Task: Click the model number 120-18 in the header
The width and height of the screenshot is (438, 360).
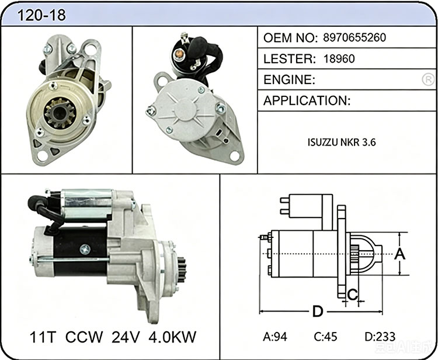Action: [x=41, y=15]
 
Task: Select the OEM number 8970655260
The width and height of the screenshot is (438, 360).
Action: [x=354, y=37]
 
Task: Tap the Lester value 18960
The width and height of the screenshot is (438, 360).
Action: [x=339, y=58]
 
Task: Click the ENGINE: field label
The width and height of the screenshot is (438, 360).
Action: [x=290, y=79]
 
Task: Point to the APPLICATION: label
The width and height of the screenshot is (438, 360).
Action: [x=307, y=101]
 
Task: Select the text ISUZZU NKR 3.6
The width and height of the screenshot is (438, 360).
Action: [x=342, y=142]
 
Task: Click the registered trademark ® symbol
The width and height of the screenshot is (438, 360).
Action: [x=428, y=79]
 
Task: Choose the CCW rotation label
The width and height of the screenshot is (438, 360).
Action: [x=84, y=337]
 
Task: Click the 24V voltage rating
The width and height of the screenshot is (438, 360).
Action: [x=126, y=337]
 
